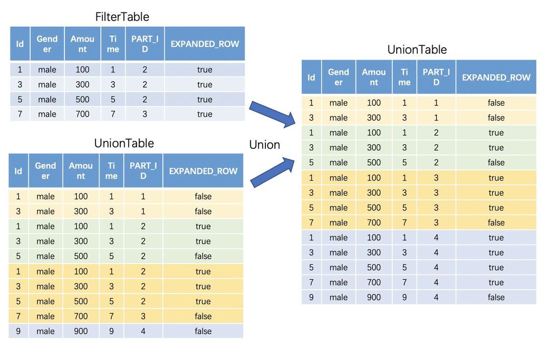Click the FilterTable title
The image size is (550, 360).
[x=122, y=17]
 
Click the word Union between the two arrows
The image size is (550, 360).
[x=264, y=145]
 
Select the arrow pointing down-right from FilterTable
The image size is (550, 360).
[x=273, y=114]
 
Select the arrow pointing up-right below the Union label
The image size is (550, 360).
[x=273, y=172]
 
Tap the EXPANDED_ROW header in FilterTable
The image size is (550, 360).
[x=205, y=44]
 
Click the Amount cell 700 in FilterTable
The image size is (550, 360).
[x=83, y=114]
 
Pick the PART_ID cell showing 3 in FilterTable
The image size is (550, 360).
[x=145, y=114]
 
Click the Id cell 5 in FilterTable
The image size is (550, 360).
[x=20, y=99]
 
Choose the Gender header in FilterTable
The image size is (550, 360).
[x=47, y=44]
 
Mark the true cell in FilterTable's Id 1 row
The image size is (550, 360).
[x=205, y=70]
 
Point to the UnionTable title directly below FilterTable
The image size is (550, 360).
[x=124, y=143]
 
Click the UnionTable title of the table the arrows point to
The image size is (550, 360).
[x=417, y=50]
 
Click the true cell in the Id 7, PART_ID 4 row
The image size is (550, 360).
[x=496, y=283]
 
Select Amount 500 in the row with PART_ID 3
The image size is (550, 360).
[x=374, y=208]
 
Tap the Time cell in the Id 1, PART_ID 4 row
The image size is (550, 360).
[x=404, y=238]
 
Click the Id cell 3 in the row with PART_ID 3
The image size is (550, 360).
[x=311, y=192]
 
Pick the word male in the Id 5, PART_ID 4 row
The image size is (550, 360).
[x=338, y=267]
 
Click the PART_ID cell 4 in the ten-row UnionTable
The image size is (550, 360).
[x=143, y=331]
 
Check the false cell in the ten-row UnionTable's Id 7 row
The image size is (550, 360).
[x=203, y=316]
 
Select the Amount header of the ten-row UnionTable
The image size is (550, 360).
[x=81, y=171]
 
